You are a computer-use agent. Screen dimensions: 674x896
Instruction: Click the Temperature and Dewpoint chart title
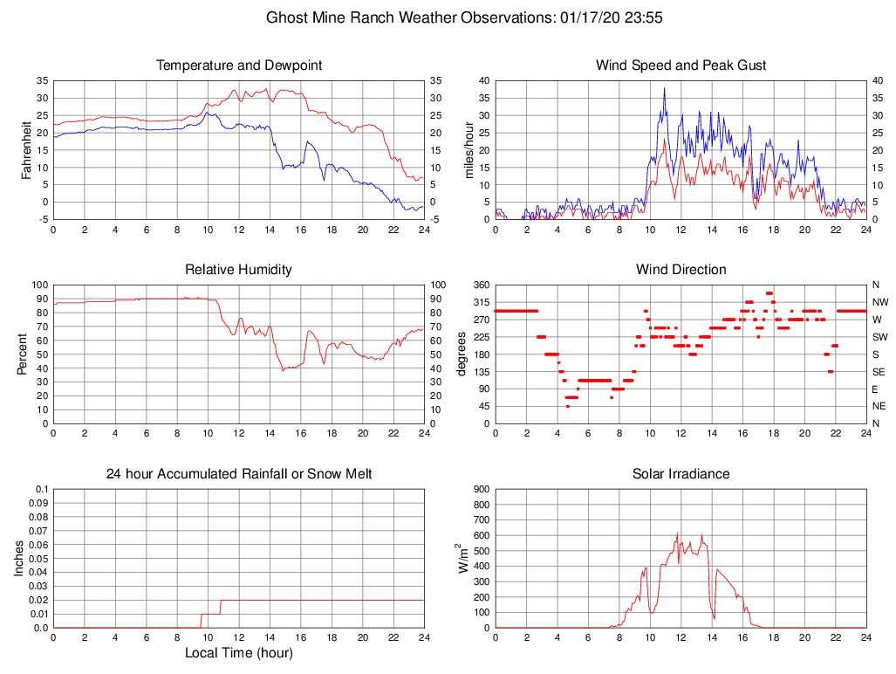coord(239,65)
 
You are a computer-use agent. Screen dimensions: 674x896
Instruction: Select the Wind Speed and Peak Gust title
coord(681,65)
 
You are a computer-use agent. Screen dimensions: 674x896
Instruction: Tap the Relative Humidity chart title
coord(239,270)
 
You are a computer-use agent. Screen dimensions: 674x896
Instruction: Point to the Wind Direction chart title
coord(681,270)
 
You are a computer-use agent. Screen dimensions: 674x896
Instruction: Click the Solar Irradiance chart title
coord(681,474)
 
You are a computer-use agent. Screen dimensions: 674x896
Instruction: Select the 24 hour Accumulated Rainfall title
coord(239,474)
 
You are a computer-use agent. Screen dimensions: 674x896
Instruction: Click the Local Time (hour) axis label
coord(239,652)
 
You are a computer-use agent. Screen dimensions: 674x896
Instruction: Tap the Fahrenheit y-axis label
coord(26,150)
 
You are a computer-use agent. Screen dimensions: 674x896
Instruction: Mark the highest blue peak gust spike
coord(664,88)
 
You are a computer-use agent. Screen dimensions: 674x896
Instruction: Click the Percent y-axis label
coord(21,354)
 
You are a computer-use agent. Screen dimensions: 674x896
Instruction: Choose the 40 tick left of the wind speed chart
coord(483,80)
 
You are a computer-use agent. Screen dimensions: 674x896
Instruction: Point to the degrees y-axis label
coord(462,354)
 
